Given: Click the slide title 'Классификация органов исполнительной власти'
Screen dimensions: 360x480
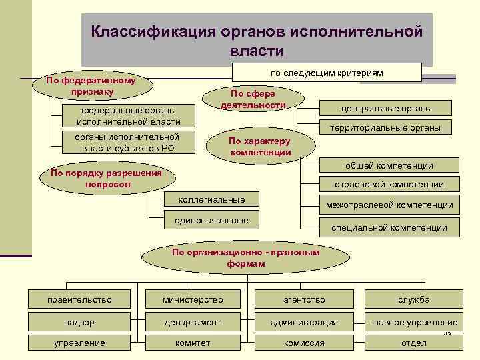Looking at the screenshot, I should coord(257,41).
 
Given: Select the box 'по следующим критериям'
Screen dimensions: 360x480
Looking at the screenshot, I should coord(327,73).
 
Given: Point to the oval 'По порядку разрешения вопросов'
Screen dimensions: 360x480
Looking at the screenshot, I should coord(102,179).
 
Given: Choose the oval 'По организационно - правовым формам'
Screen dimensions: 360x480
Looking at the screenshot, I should coord(245,258).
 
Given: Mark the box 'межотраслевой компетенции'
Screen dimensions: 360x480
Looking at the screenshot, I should coord(389,205).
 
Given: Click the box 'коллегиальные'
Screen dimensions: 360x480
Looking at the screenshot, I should coord(212,200).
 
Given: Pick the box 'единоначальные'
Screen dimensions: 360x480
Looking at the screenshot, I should coord(212,220).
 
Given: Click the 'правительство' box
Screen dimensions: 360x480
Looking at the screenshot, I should coord(79,299).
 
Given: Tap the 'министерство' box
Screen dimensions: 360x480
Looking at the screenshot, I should coord(193,299).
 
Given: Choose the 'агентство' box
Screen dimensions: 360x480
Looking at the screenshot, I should coord(303,299).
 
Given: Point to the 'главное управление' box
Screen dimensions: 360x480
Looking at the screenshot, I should coord(413,322).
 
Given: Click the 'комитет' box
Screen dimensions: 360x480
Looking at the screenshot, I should coord(193,343).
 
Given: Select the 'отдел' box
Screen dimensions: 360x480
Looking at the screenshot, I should coord(413,343).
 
